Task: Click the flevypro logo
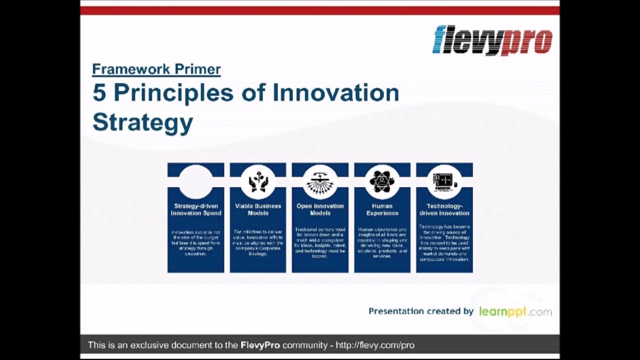(x=492, y=40)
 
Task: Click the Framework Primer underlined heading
(x=156, y=69)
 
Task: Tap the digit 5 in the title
(x=100, y=93)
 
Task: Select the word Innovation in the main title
(x=335, y=93)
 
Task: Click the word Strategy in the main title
(x=143, y=122)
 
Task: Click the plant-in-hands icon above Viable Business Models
(x=258, y=181)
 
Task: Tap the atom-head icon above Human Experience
(x=382, y=181)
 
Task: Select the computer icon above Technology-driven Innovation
(x=444, y=181)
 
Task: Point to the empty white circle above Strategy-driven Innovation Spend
(x=195, y=181)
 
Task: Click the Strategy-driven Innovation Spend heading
(x=196, y=209)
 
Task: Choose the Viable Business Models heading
(x=258, y=209)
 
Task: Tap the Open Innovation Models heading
(x=320, y=209)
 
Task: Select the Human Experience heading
(x=382, y=209)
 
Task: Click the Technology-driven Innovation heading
(x=444, y=209)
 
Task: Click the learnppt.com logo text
(x=515, y=311)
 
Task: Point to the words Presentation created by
(x=420, y=311)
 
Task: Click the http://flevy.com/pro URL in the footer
(x=375, y=345)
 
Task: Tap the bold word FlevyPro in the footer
(x=260, y=345)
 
